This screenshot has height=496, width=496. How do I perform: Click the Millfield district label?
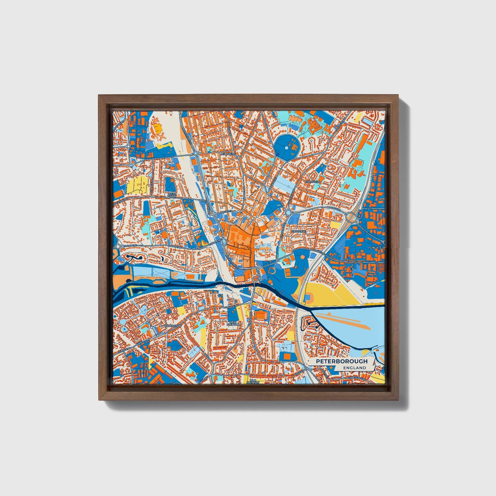(229, 154)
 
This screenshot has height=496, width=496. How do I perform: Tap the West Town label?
(172, 195)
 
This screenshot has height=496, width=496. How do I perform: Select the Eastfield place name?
(313, 181)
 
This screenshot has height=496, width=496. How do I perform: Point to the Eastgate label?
(298, 232)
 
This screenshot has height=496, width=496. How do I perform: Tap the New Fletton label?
(233, 323)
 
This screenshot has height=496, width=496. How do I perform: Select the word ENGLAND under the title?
(355, 368)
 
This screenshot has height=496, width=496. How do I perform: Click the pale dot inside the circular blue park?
(287, 148)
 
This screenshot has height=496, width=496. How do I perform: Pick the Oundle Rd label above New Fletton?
(232, 307)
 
